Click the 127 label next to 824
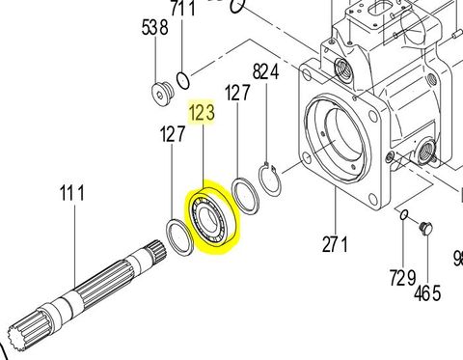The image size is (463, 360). (x=237, y=95)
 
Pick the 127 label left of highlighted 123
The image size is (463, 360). (x=172, y=136)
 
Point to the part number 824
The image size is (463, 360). (x=265, y=71)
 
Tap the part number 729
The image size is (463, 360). (x=403, y=278)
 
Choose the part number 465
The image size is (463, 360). (x=428, y=291)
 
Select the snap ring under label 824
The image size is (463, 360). (x=273, y=181)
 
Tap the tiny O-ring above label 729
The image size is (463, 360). (x=403, y=214)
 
